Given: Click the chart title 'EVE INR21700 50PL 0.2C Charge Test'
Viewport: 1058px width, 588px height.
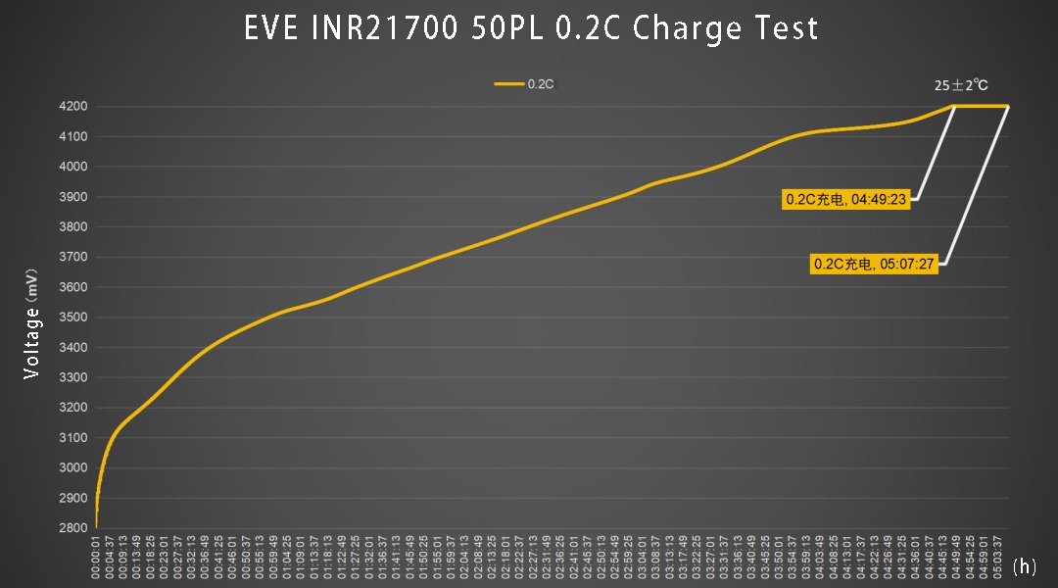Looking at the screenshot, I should tap(530, 28).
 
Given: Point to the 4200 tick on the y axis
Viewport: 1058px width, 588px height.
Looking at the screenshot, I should tap(73, 106).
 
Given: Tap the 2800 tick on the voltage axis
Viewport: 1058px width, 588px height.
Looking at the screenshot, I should tap(73, 528).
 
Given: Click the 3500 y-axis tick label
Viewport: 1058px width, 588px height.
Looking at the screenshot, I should tap(73, 318).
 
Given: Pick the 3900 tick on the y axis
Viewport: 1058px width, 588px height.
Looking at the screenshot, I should tap(73, 197).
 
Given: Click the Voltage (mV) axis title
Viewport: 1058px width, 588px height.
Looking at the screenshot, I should tap(32, 322).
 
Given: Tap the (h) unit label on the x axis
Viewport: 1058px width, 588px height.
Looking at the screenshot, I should tap(1025, 566).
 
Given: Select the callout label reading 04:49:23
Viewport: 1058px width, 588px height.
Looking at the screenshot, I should tap(847, 200).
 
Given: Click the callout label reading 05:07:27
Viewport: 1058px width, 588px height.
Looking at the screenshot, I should tap(875, 264).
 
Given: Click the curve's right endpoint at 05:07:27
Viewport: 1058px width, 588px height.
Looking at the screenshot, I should tap(1008, 106).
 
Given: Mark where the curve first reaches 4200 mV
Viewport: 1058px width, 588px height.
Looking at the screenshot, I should tap(955, 106).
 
